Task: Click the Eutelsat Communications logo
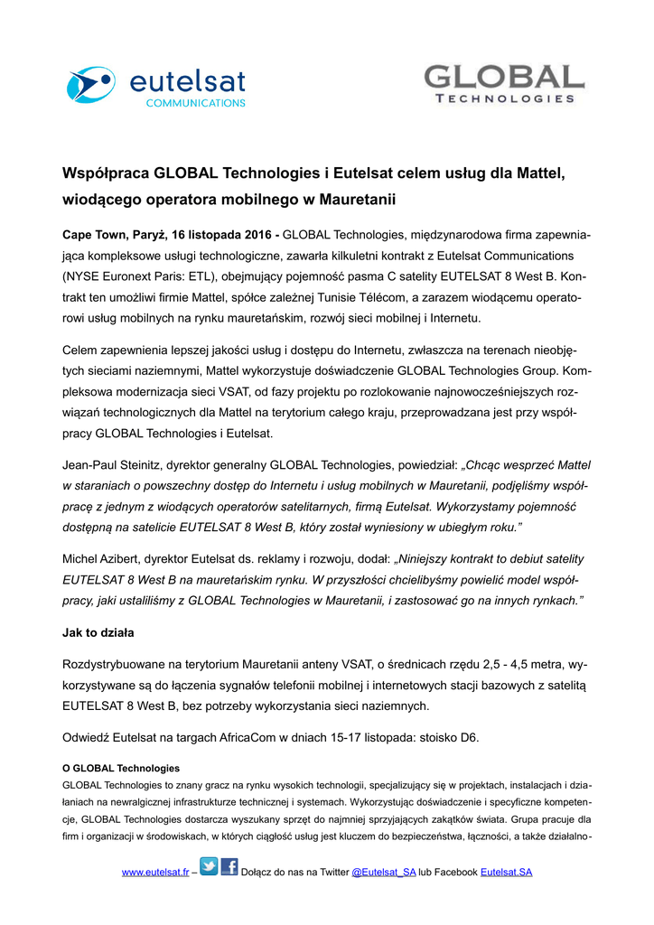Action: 155,86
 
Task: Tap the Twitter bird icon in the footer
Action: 209,867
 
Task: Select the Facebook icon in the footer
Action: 229,867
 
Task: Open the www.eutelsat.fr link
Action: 155,873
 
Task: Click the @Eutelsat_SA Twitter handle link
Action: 383,873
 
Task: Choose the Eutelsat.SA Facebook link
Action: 506,873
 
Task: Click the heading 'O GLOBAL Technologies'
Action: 121,768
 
